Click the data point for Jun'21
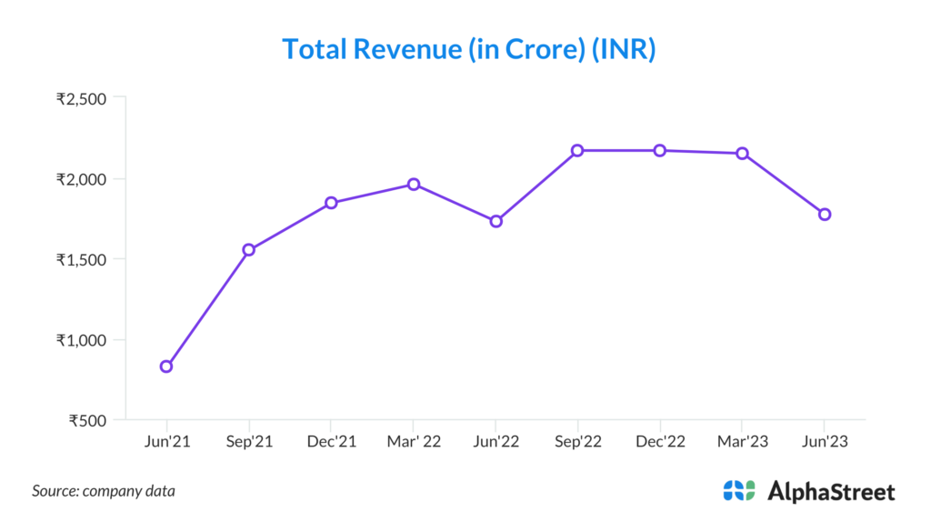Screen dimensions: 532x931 (x=166, y=366)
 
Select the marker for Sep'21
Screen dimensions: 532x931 (x=248, y=249)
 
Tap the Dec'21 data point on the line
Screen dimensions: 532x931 (x=331, y=203)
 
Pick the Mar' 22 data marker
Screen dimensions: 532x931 (x=414, y=184)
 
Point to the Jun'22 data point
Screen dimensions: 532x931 (x=496, y=221)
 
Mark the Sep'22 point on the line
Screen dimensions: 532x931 (x=578, y=150)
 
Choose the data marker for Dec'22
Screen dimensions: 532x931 (x=660, y=150)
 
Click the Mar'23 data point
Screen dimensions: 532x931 (x=743, y=153)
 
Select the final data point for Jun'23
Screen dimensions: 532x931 (x=825, y=214)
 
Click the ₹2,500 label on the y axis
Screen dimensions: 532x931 (x=82, y=98)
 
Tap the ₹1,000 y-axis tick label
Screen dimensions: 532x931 (x=82, y=340)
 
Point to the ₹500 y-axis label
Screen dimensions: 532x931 (x=87, y=420)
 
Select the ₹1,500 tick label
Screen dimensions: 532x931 (x=82, y=259)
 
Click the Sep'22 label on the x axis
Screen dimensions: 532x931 (x=578, y=442)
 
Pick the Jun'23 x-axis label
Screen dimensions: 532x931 (x=825, y=442)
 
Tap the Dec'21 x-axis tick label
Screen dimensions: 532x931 (x=331, y=442)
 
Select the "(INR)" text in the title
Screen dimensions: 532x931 (x=624, y=49)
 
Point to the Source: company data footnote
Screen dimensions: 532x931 (x=104, y=491)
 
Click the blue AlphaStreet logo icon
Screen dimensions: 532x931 (x=739, y=491)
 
